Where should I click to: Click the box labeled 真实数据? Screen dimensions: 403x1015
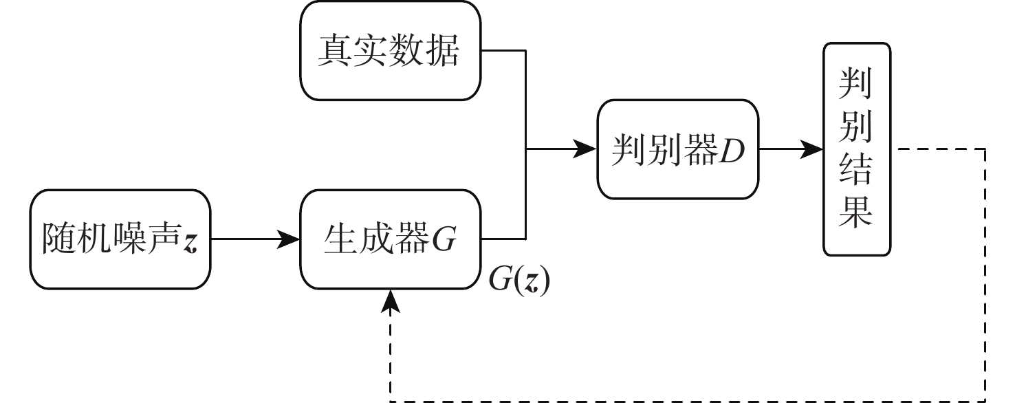pos(390,51)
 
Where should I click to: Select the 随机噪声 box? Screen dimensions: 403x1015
pos(120,240)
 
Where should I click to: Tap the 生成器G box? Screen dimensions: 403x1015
pos(390,240)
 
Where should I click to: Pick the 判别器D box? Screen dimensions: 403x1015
pos(678,149)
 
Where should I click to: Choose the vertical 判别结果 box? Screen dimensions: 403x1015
pos(856,149)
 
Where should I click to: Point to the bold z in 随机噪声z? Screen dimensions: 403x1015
pos(190,243)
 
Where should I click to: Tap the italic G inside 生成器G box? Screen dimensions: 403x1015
pos(443,241)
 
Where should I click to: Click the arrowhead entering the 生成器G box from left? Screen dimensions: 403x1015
pos(292,240)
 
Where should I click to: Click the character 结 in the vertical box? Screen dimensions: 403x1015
pos(856,171)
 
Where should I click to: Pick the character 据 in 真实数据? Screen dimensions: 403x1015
pos(441,52)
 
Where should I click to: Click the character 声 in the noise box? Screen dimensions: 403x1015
pos(163,241)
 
